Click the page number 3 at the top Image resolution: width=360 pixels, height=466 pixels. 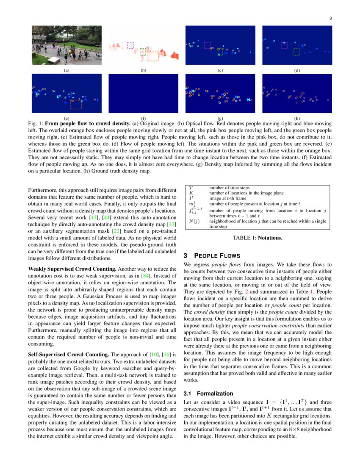click(330, 18)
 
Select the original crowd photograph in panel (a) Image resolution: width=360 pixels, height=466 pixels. click(66, 45)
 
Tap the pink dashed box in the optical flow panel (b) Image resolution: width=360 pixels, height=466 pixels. click(130, 44)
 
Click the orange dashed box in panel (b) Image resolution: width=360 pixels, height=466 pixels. click(152, 56)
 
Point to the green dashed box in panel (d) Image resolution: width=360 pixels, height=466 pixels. click(296, 52)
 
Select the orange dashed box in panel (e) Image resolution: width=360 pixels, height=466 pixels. click(76, 104)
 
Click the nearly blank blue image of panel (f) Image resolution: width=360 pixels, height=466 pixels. click(143, 93)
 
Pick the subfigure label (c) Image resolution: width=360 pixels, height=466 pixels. click(220, 70)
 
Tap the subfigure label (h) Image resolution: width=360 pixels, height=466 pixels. click(297, 118)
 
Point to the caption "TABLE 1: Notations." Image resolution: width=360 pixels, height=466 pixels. click(257, 238)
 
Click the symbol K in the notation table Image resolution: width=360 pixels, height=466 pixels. click(190, 193)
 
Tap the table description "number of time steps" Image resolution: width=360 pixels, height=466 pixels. click(229, 188)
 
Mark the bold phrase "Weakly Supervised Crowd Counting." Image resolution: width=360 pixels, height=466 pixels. click(72, 269)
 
